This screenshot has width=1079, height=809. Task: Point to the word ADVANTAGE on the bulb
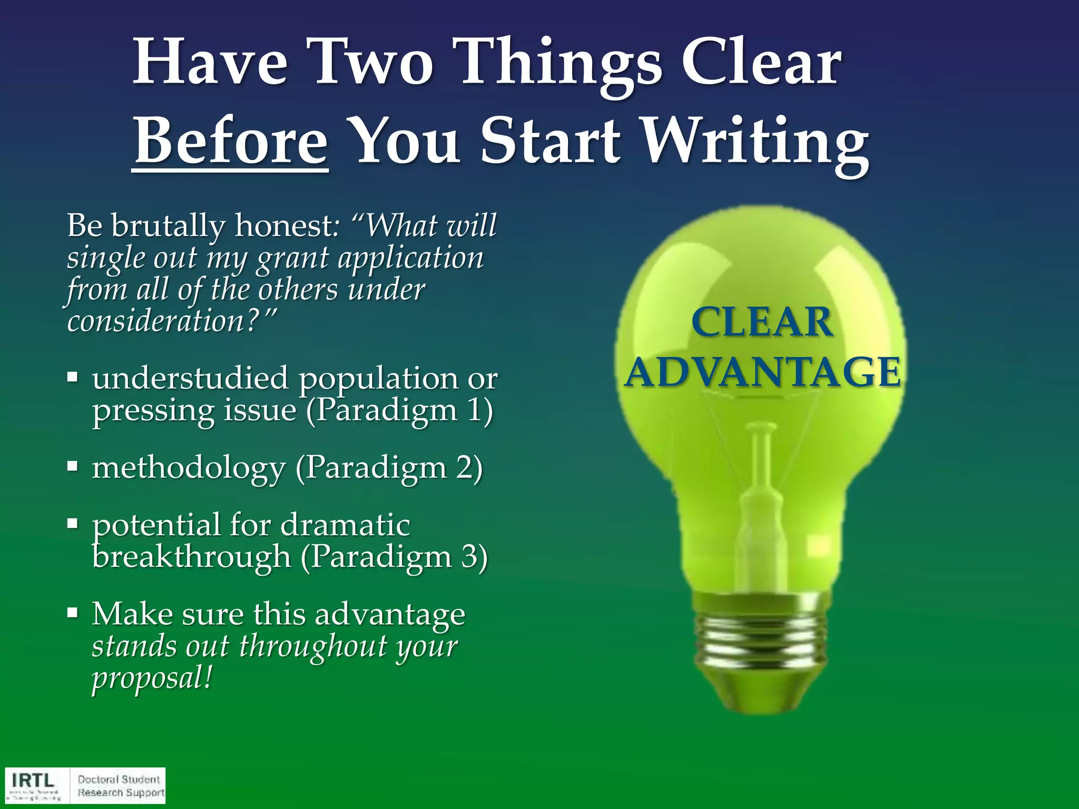(x=762, y=372)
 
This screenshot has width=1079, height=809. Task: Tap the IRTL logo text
(x=33, y=780)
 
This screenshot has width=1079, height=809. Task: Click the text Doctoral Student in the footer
(x=119, y=779)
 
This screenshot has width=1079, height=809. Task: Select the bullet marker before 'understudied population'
(x=73, y=377)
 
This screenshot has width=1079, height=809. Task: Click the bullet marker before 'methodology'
(x=73, y=466)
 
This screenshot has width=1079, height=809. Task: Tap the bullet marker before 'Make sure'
(x=73, y=613)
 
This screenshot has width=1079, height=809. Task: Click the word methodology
(x=188, y=468)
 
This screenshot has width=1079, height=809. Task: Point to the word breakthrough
(x=191, y=557)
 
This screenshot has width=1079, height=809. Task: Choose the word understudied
(x=190, y=378)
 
